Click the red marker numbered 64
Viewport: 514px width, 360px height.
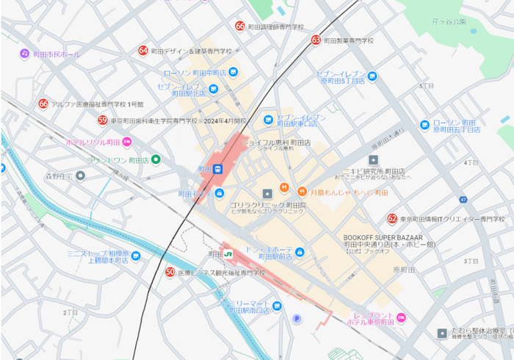(x=143, y=51)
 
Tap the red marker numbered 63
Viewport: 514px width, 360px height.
(x=316, y=40)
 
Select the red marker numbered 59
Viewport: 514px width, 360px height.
(x=103, y=120)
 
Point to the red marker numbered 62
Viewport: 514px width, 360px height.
(x=392, y=219)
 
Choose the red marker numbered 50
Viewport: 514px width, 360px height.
(x=170, y=272)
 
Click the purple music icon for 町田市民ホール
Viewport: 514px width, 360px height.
(x=24, y=54)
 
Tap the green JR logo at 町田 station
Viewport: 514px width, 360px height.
(x=229, y=253)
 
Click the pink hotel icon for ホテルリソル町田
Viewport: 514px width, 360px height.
(x=127, y=141)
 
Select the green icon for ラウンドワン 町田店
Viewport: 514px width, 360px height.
(x=156, y=159)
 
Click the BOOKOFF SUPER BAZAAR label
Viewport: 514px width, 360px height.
(x=383, y=237)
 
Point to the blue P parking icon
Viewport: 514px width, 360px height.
(x=297, y=318)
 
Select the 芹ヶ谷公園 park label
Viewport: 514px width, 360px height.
(x=449, y=22)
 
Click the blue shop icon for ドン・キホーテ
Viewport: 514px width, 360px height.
(x=299, y=252)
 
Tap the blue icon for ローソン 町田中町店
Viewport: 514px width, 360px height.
(x=233, y=72)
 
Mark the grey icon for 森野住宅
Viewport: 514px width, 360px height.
(x=80, y=176)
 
